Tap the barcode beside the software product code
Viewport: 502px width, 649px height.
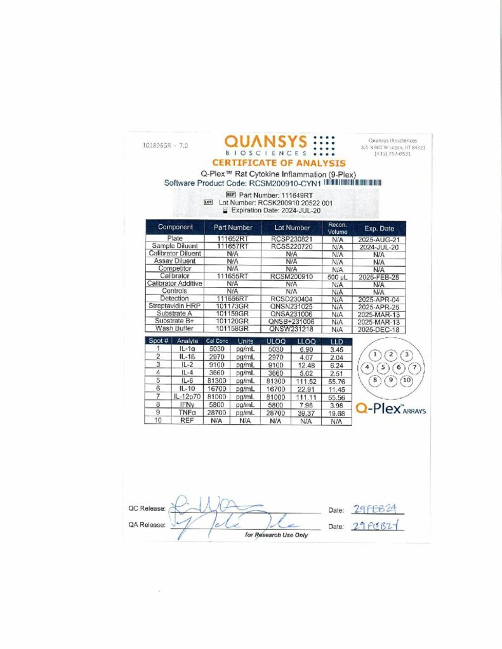coord(353,183)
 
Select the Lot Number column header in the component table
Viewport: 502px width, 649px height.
coord(292,228)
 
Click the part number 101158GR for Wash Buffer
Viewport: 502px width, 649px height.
coord(232,329)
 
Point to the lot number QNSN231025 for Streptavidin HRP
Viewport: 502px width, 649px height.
coord(292,306)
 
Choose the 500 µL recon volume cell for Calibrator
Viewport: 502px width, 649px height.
coord(337,276)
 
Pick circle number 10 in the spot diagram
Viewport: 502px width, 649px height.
coord(407,380)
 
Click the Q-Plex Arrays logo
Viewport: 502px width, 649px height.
coord(390,409)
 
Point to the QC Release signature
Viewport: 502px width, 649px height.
coord(209,507)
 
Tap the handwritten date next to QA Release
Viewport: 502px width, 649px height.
coord(377,526)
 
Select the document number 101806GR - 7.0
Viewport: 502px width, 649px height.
coord(166,145)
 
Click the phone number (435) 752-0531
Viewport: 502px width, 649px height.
coord(397,153)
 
